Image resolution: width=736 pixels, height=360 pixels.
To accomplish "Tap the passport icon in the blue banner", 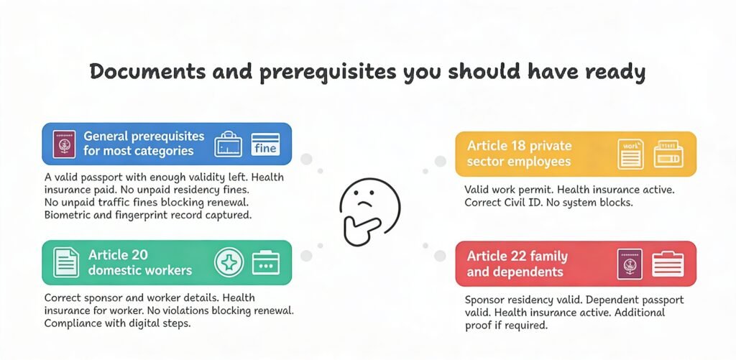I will [x=63, y=143].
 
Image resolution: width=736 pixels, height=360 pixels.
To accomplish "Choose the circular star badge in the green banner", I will [x=229, y=262].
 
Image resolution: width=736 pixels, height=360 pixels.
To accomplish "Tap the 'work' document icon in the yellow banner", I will [x=630, y=154].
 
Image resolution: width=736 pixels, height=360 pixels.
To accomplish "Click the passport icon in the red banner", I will [x=630, y=264].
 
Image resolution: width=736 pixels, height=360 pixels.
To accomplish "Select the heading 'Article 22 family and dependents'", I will [x=517, y=264].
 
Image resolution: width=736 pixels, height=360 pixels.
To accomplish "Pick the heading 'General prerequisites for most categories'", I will [x=143, y=143].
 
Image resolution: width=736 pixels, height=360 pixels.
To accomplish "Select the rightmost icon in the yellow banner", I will [x=668, y=154].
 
